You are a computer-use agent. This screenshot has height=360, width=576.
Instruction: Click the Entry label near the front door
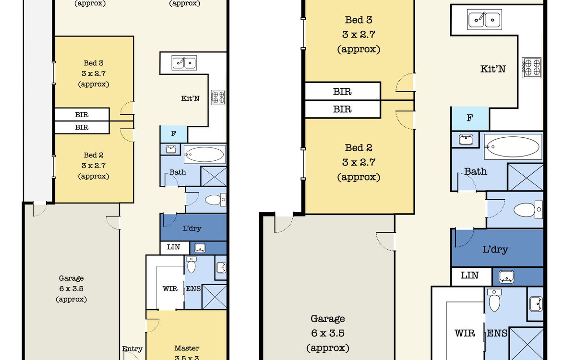coord(132,349)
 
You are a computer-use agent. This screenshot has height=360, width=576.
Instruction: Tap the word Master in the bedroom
coord(187,348)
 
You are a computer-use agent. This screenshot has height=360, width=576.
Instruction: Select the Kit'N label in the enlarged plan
coord(493,69)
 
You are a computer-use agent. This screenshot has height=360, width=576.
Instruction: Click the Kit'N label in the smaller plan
coord(190,98)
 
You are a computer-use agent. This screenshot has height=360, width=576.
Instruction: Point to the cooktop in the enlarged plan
coord(531,67)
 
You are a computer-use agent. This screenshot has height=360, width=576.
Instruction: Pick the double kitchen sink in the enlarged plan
coord(484,20)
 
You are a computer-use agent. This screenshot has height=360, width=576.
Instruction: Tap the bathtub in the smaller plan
coord(205,155)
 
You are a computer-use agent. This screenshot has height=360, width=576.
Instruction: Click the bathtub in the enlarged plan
coord(513,147)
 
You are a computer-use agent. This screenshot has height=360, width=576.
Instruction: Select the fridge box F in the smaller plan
coord(173,134)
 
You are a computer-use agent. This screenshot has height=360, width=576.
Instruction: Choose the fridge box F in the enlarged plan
coord(470,118)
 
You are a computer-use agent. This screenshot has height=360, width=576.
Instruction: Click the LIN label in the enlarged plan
coord(469,276)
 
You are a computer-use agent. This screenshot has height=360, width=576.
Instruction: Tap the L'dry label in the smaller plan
coord(192,228)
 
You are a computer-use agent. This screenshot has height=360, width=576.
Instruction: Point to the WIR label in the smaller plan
coord(170,289)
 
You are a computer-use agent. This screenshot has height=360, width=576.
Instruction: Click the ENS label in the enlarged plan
coord(497,333)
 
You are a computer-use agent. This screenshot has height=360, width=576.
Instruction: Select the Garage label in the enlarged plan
coord(328,319)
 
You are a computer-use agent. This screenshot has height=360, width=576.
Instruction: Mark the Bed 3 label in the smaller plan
coord(94,63)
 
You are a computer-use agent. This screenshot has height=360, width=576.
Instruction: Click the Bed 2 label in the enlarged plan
coord(359,148)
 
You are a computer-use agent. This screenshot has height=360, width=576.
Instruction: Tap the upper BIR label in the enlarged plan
coord(342,91)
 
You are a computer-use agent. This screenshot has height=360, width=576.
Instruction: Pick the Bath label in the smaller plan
coord(178,172)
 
